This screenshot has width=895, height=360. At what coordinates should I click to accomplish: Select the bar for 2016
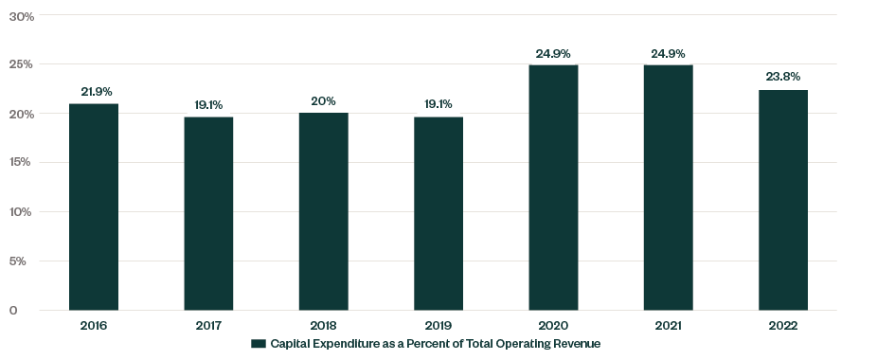pos(94,207)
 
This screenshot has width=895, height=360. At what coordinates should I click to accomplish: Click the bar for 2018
pos(323,211)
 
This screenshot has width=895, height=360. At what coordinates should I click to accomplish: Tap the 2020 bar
pos(553,188)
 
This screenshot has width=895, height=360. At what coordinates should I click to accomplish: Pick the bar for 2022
pos(783,200)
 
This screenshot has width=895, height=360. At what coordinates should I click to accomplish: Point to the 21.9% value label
pos(97,92)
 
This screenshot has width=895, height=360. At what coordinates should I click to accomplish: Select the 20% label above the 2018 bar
pos(323,101)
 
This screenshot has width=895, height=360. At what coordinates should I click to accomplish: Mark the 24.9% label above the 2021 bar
pos(668,54)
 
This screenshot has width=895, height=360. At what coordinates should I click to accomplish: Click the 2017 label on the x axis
pos(208,326)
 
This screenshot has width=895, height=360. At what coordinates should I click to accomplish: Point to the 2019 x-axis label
pos(439,326)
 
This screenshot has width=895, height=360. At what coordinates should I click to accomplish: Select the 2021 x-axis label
pos(668,326)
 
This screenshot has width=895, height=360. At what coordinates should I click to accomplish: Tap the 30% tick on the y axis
pos(21,16)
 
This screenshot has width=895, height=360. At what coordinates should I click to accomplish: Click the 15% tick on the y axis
pos(21,162)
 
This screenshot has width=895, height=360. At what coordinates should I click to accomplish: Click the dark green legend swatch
pos(257,343)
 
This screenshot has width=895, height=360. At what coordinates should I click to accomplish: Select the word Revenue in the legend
pos(578,343)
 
